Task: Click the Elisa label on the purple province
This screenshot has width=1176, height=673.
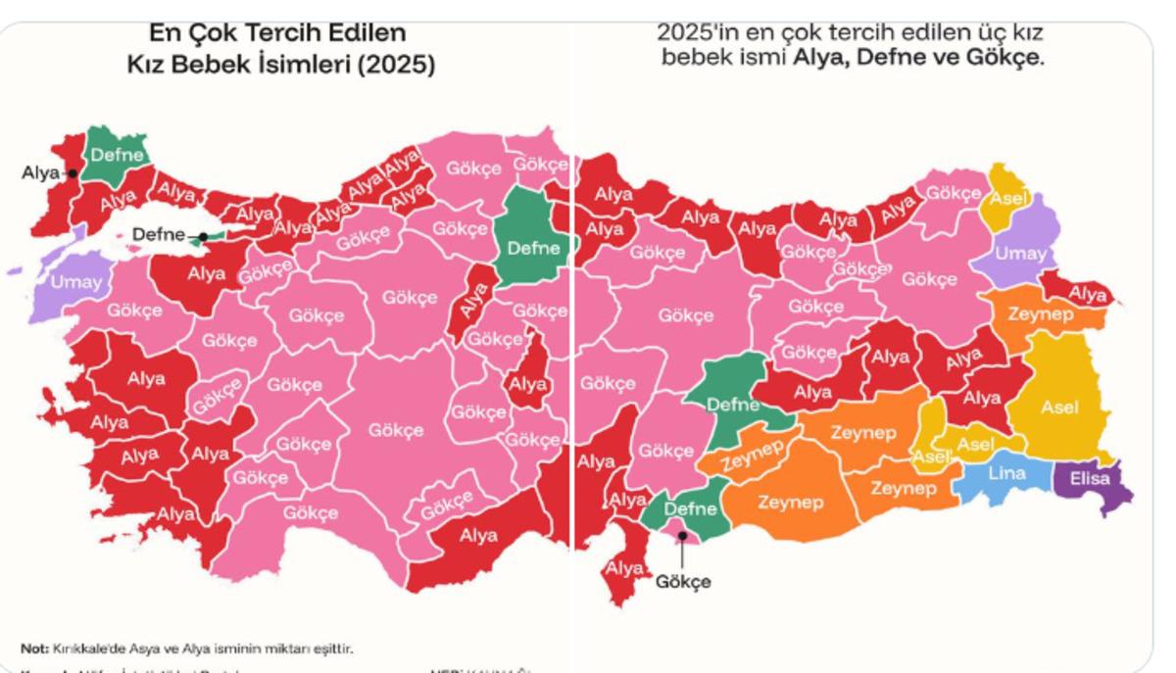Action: (x=1089, y=479)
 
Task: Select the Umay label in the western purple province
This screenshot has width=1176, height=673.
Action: (x=75, y=283)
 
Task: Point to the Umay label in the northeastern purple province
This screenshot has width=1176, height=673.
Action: (x=1020, y=253)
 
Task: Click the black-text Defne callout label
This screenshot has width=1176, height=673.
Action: (x=159, y=234)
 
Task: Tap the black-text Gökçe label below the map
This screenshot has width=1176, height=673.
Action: (x=683, y=581)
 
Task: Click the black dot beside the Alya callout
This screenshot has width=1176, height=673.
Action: (x=73, y=173)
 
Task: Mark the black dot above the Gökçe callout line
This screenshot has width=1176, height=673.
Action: (x=682, y=535)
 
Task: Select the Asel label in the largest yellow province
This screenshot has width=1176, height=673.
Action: (x=1059, y=408)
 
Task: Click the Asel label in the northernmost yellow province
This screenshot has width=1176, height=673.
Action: (x=1007, y=199)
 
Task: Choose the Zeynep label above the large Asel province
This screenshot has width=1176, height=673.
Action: (x=1040, y=315)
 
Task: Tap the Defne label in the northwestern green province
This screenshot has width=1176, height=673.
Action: (x=118, y=154)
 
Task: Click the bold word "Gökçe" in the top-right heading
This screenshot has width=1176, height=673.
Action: (x=1005, y=58)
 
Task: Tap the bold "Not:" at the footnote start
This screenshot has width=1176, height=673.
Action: (x=35, y=649)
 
